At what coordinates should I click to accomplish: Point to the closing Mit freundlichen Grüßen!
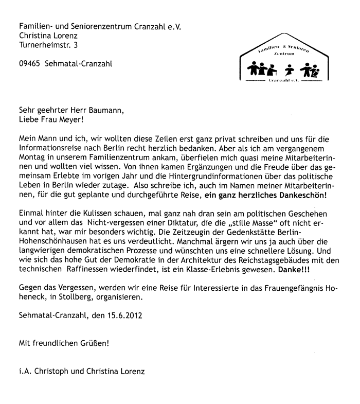pos(63,342)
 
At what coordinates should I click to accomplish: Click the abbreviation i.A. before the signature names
pos(24,370)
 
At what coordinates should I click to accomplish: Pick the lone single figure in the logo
pos(290,69)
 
